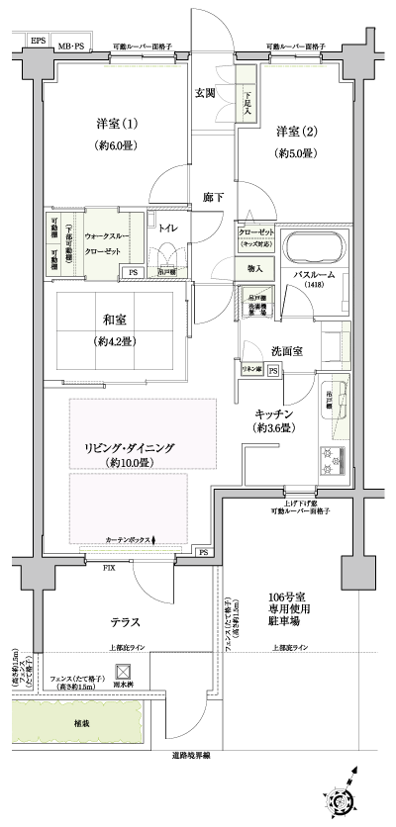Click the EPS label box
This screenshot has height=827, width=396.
(x=38, y=41)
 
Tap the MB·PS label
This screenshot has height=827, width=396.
(x=70, y=46)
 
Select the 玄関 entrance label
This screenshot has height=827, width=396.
(x=205, y=93)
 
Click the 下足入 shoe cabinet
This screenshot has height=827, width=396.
(x=247, y=99)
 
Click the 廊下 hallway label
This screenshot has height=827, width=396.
(x=213, y=197)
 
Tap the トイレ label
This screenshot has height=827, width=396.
(x=168, y=228)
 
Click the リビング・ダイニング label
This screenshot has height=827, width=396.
(x=129, y=447)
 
